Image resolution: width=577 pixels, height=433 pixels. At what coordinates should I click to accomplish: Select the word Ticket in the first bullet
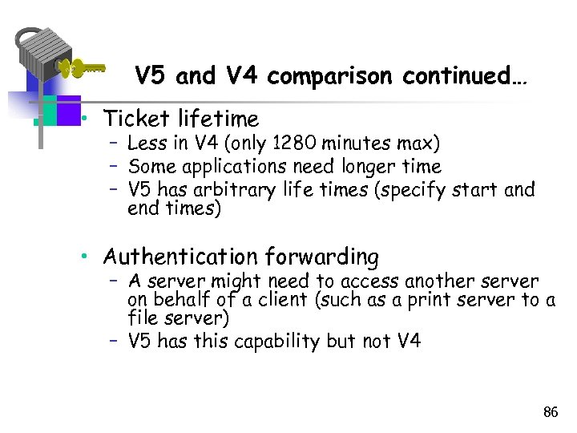coord(137,119)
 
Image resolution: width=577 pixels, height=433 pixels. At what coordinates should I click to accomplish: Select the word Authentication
coord(181,257)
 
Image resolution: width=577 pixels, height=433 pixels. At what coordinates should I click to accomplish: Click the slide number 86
coord(550,413)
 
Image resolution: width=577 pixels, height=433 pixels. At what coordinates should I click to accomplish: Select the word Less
coord(145,144)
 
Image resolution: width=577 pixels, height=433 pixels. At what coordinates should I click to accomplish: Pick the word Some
coord(147,167)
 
